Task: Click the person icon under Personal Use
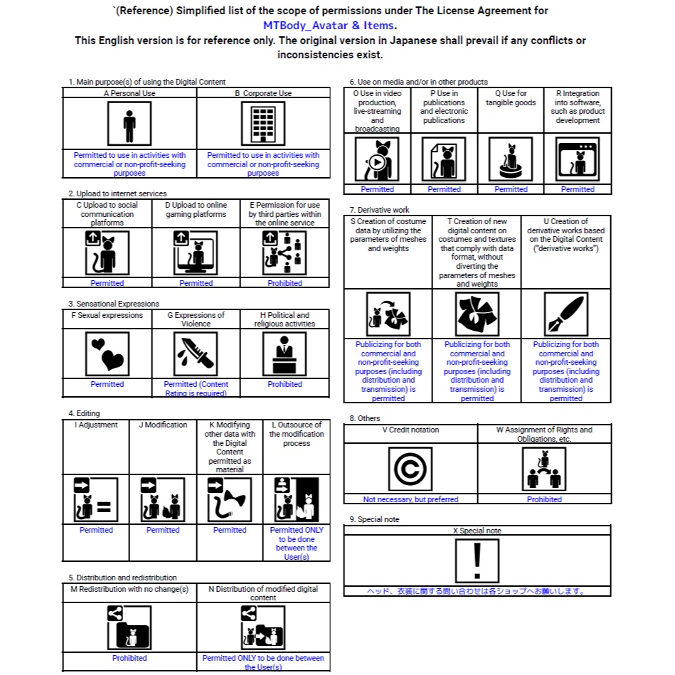pos(129,124)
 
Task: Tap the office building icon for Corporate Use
pos(262,124)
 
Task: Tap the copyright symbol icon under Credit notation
pos(410,469)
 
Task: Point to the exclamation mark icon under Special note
pos(477,561)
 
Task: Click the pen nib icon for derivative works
pos(565,314)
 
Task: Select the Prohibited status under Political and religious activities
pos(285,384)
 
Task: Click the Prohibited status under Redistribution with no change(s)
pos(129,658)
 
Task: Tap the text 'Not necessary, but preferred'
pos(410,499)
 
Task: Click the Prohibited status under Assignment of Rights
pos(544,499)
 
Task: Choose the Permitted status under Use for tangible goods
pos(511,189)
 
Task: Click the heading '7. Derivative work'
pos(379,210)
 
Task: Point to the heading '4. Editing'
pos(84,413)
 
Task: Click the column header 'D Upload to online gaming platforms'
pos(196,210)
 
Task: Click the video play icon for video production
pos(377,159)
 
